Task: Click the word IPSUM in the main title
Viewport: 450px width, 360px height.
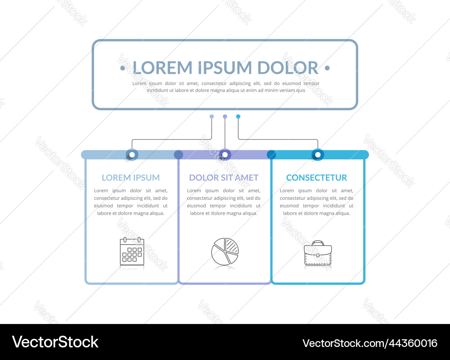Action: (x=225, y=68)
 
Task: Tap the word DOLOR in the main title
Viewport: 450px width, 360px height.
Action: (x=288, y=68)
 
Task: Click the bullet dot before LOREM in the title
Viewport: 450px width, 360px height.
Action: (x=122, y=68)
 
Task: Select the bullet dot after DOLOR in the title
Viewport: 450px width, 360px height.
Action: (x=327, y=68)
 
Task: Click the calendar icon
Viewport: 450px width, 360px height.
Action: (x=132, y=251)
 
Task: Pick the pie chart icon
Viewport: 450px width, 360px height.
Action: (x=225, y=251)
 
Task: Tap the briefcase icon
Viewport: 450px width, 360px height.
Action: (x=318, y=252)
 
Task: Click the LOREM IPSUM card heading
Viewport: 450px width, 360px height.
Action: (x=130, y=178)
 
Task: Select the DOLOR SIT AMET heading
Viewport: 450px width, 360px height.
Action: (x=224, y=178)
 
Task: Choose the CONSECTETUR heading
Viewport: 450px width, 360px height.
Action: (x=316, y=178)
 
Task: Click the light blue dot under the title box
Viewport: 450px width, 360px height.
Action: (x=212, y=117)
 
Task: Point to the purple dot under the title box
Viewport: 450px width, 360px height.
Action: (x=225, y=117)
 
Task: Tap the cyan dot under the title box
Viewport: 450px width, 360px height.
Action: (x=238, y=117)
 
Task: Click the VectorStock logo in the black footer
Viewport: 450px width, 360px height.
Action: (x=55, y=342)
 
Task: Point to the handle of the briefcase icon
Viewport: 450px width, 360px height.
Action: (x=318, y=243)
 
